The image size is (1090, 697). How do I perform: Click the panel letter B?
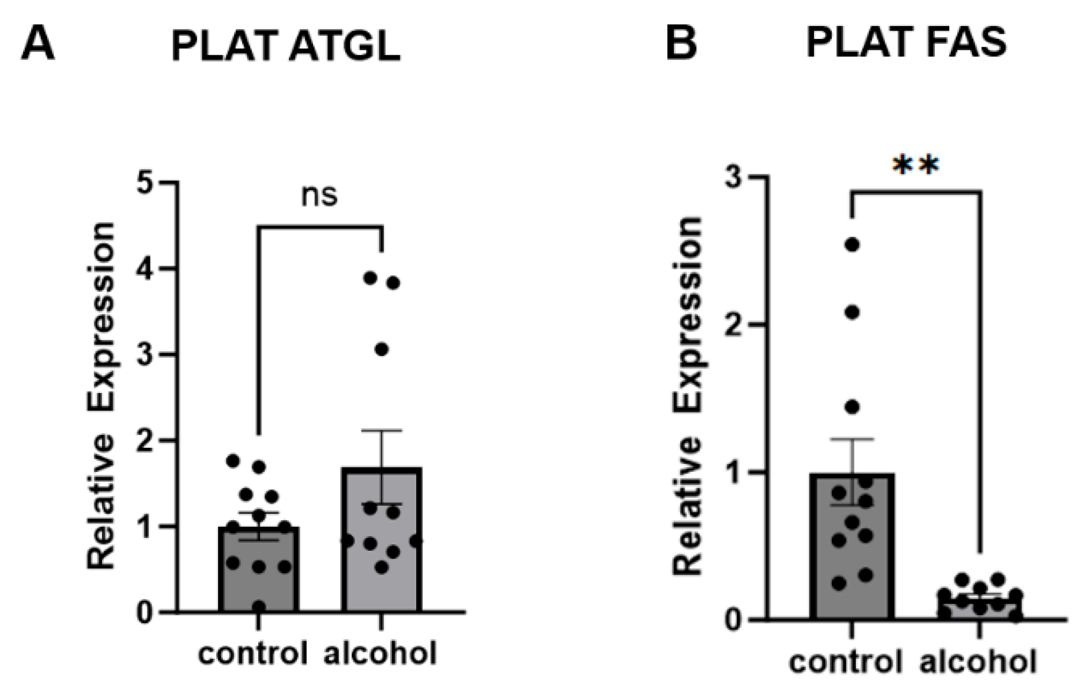tap(681, 42)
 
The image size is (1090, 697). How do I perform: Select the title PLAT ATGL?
tap(286, 45)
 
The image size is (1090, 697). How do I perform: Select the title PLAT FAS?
tap(906, 42)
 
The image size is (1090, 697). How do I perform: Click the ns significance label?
tap(320, 196)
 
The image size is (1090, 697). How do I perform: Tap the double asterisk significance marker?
tap(916, 166)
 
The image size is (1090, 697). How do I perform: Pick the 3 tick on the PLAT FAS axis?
tap(733, 177)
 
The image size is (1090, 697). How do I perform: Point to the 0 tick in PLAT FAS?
tap(733, 620)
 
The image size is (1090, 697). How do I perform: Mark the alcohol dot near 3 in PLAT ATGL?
tap(381, 350)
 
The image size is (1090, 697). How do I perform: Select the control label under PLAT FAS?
tap(846, 662)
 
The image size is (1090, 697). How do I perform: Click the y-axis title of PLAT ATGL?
tap(101, 396)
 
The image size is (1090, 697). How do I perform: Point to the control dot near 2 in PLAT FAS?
tap(852, 312)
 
